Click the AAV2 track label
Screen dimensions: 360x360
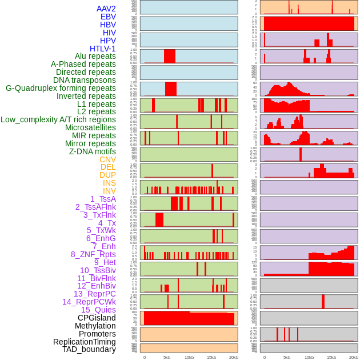[106, 9]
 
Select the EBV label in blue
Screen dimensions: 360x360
[108, 17]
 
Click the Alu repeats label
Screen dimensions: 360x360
[95, 56]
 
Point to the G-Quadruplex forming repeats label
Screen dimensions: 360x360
[61, 88]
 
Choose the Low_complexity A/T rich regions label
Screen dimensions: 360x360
[58, 119]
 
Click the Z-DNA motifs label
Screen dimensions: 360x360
[93, 151]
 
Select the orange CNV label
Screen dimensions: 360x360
[107, 159]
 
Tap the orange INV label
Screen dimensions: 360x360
[109, 191]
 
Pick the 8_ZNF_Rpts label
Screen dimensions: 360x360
[93, 254]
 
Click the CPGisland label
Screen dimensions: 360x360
[97, 318]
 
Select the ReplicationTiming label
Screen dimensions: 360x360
[85, 342]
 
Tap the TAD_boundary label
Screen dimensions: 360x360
[89, 349]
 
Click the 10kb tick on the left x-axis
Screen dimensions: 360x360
[189, 357]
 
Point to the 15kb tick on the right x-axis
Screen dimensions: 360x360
[331, 357]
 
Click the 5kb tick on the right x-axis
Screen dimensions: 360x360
[287, 357]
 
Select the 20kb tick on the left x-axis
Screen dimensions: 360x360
[234, 357]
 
